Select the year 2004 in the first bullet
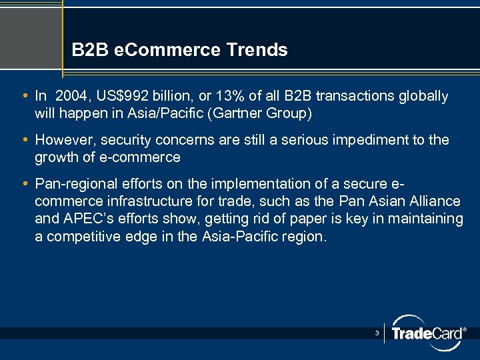point(73,96)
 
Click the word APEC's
point(85,219)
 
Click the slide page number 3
point(377,332)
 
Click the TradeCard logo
point(426,333)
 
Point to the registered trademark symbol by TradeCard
point(464,329)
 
